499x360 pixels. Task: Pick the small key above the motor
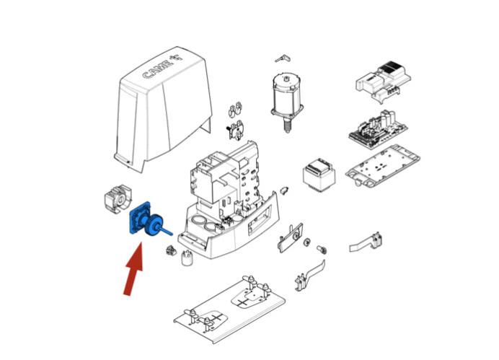(x=283, y=58)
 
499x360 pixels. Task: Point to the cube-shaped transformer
(x=319, y=175)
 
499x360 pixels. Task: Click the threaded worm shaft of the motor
(x=287, y=125)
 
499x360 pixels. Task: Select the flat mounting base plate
(x=229, y=308)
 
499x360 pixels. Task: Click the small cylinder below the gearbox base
(x=187, y=258)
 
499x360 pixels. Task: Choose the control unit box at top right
(x=383, y=81)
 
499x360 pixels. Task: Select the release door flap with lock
(x=291, y=237)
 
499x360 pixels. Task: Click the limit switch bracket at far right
(x=366, y=242)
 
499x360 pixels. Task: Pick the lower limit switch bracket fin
(x=310, y=275)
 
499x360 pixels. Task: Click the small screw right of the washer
(x=322, y=250)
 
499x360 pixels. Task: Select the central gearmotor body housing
(x=229, y=200)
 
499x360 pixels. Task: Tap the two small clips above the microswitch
(x=235, y=110)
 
